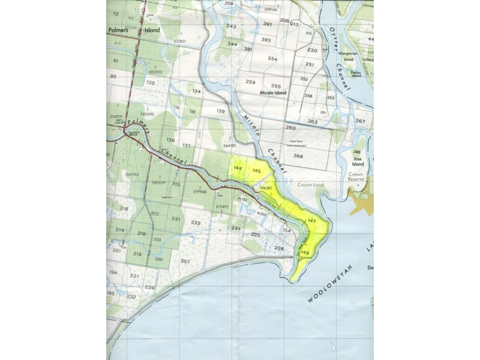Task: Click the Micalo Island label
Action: point(273,94)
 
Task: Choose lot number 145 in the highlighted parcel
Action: point(257,172)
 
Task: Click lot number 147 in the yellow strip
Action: point(311,221)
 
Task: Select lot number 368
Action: point(298,156)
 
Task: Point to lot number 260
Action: point(291,128)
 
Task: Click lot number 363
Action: point(313,122)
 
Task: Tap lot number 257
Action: point(185,262)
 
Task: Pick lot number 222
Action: point(196,223)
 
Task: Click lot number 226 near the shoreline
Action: point(279,248)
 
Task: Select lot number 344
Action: point(232,44)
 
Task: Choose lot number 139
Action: point(221,112)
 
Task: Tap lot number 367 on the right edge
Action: point(360,121)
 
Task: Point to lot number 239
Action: point(149,288)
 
